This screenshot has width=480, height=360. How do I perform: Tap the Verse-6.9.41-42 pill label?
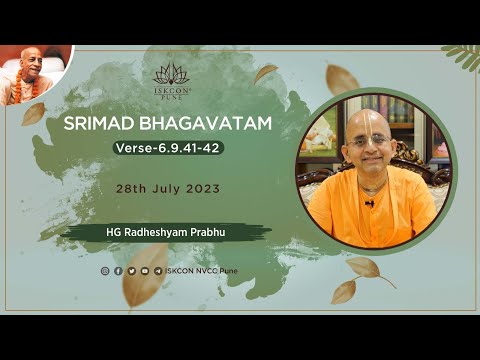coord(168,148)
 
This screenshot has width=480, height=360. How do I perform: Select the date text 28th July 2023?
coord(168,188)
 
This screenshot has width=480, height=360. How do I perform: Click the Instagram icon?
coord(105,270)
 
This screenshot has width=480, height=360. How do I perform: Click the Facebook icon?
coord(118,270)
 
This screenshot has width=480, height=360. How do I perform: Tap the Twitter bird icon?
coord(131,270)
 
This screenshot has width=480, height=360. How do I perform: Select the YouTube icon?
coord(144,270)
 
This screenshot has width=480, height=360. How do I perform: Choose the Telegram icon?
coord(157,270)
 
